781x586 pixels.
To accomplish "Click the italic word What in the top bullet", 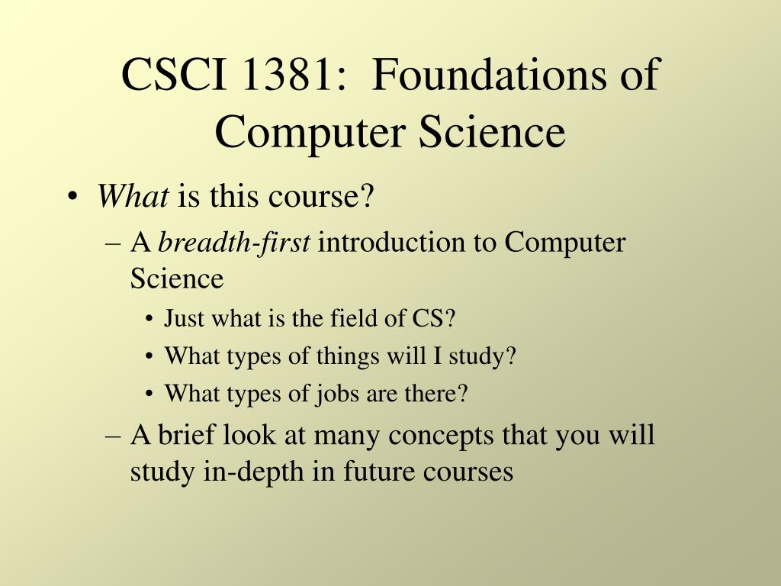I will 133,198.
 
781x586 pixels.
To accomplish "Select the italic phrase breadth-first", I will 234,243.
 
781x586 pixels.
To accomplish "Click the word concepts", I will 442,436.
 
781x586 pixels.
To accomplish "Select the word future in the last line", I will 370,472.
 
